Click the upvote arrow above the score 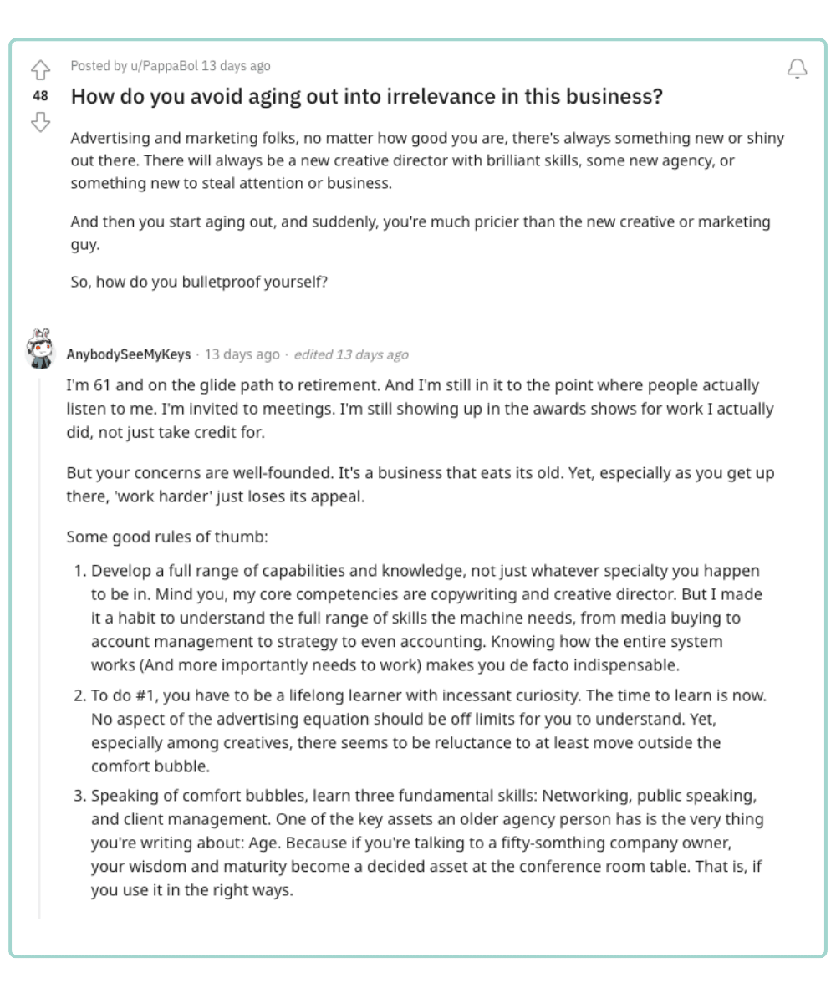tap(40, 70)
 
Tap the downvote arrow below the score tap(40, 122)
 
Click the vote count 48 tap(40, 96)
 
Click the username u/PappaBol tap(166, 66)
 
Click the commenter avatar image tap(40, 349)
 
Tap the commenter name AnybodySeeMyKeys tap(128, 354)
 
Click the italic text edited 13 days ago tap(351, 354)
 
